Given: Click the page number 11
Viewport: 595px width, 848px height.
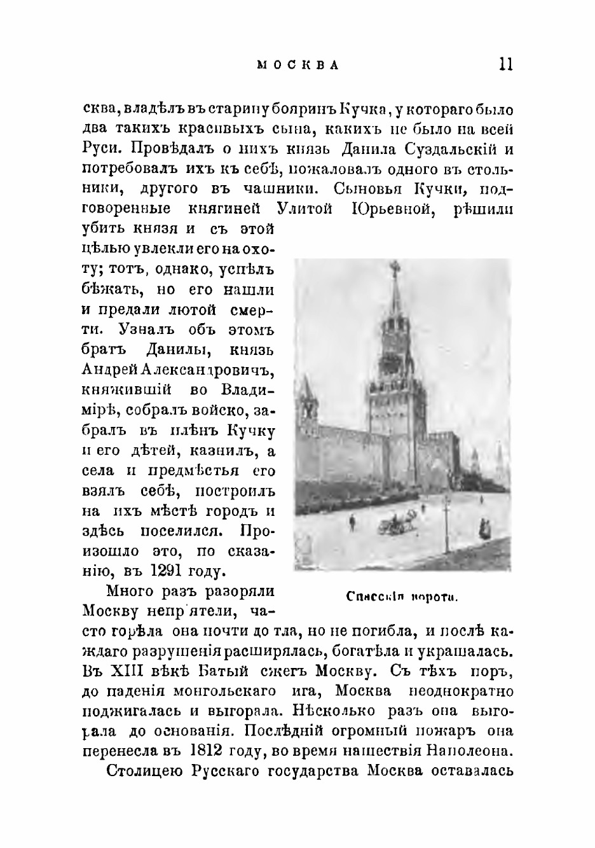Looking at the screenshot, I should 506,64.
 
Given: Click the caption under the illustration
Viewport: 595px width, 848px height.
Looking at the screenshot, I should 402,597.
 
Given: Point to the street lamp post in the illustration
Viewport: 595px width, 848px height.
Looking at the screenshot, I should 446,518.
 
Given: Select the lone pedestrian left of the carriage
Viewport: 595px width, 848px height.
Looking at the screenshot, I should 352,522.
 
